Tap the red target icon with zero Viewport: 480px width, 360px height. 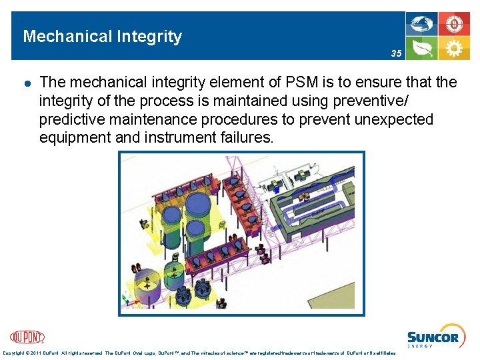[454, 25]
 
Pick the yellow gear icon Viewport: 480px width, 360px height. [454, 48]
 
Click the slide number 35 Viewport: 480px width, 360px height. [397, 53]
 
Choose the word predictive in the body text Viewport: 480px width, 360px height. [75, 119]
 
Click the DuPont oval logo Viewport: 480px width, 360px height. [28, 337]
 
